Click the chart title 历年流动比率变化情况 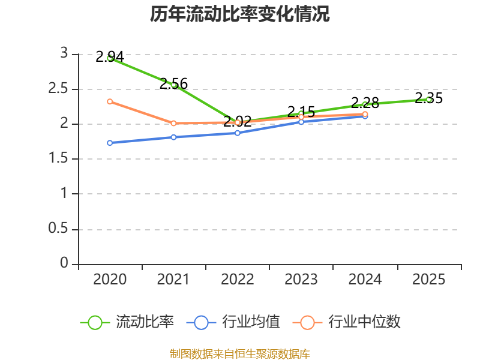[x=239, y=14]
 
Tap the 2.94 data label [x=110, y=57]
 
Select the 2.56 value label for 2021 [x=173, y=83]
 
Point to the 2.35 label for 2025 [x=428, y=98]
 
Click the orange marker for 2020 [x=110, y=101]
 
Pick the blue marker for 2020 [x=110, y=143]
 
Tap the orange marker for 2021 [x=173, y=123]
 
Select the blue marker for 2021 [x=173, y=137]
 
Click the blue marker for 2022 [x=238, y=133]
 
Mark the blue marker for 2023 [x=301, y=122]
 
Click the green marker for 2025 [x=429, y=100]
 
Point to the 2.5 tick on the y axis [x=58, y=88]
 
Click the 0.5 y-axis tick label [x=58, y=229]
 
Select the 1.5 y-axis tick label [x=58, y=158]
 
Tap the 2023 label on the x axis [x=301, y=280]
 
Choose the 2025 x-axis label [x=428, y=280]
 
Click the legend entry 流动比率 [x=127, y=322]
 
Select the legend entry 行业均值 [x=233, y=322]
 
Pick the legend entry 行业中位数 [x=347, y=322]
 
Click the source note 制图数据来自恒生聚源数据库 [x=240, y=354]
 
